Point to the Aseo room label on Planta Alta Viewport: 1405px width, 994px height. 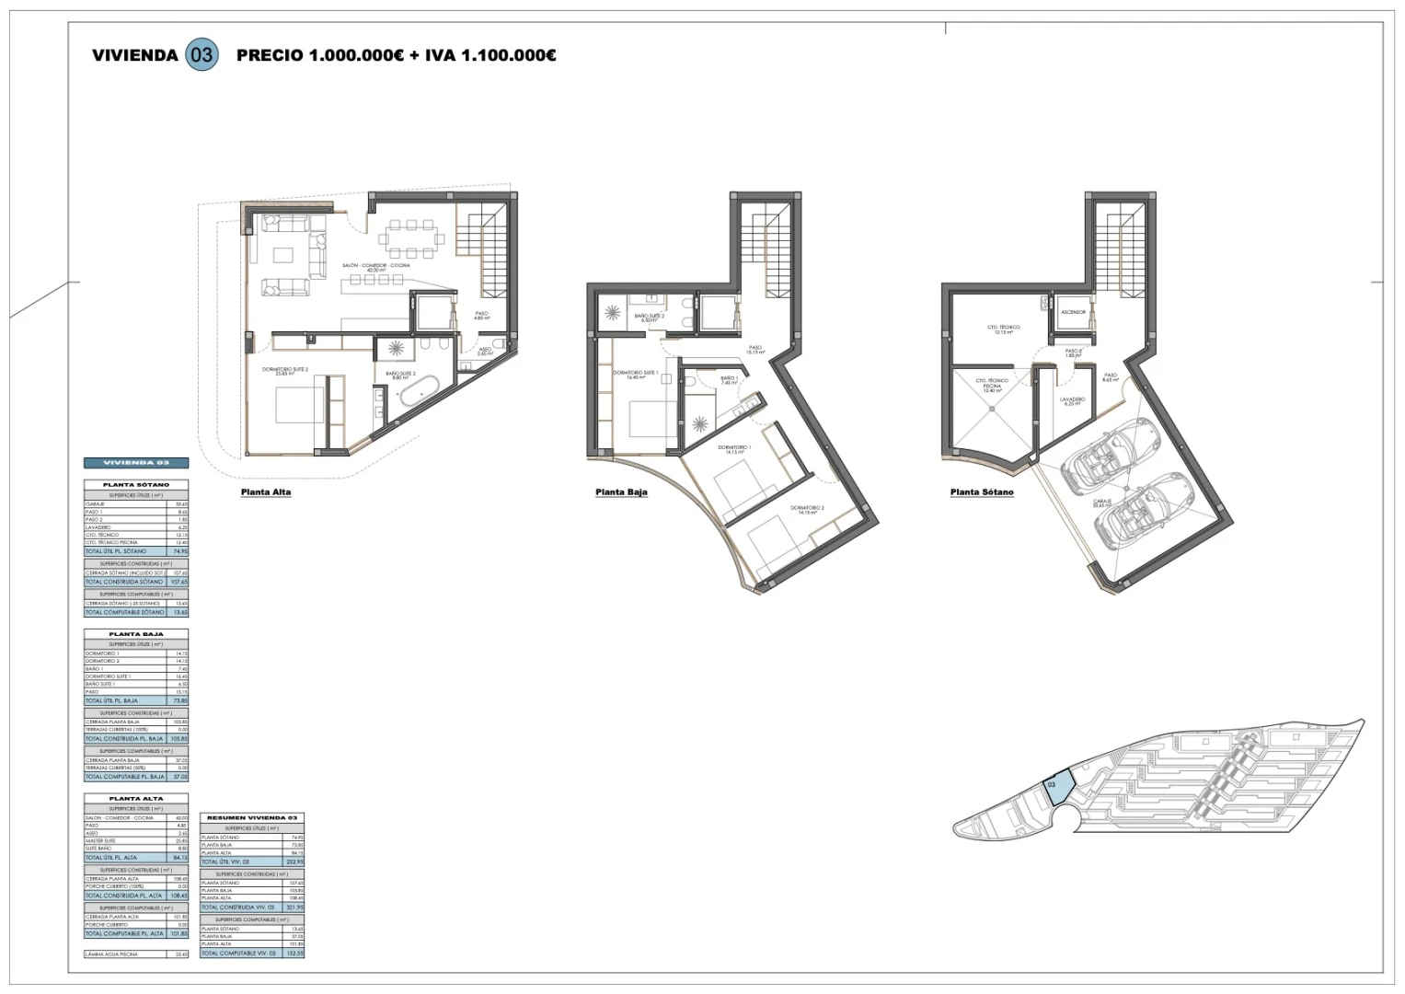tap(485, 351)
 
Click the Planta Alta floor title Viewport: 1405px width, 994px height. tap(266, 492)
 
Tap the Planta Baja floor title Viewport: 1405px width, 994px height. tap(621, 492)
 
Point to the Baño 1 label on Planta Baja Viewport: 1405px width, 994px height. tap(729, 380)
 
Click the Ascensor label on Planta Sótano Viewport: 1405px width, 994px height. tap(1073, 312)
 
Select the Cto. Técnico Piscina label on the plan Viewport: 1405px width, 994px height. tap(992, 385)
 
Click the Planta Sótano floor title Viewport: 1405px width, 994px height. tap(982, 492)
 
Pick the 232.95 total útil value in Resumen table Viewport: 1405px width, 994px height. tap(296, 861)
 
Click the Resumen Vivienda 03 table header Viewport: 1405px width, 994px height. tap(252, 818)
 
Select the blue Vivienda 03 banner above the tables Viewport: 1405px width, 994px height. tap(136, 463)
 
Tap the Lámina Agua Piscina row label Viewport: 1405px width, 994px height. tap(112, 954)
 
